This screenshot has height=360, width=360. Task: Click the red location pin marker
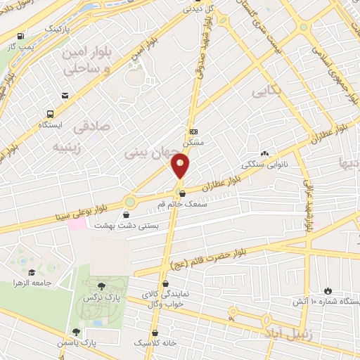coord(180,166)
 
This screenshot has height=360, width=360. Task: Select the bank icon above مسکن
coord(194,131)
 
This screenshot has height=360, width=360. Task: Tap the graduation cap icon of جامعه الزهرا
coord(31,272)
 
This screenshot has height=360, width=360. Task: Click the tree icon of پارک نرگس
coord(102,285)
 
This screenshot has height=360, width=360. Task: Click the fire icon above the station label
coord(328,290)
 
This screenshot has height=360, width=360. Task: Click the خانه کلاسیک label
coord(157,344)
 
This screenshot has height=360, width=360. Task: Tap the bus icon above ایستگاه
coord(50,114)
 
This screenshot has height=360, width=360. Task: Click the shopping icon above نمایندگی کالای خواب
coord(165,284)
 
